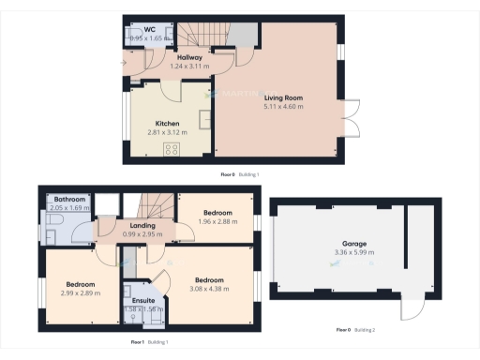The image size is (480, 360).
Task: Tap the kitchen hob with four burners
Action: (172, 149)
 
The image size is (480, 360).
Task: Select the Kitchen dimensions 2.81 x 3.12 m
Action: (167, 133)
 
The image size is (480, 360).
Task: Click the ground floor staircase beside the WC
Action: (198, 37)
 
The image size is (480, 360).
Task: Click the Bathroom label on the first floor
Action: (69, 200)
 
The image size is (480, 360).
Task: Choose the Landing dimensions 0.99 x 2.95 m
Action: (142, 233)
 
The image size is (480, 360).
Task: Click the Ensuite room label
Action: (144, 301)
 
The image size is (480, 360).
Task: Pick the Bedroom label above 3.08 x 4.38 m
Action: (209, 280)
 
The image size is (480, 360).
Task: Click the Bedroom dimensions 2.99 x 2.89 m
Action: (82, 293)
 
